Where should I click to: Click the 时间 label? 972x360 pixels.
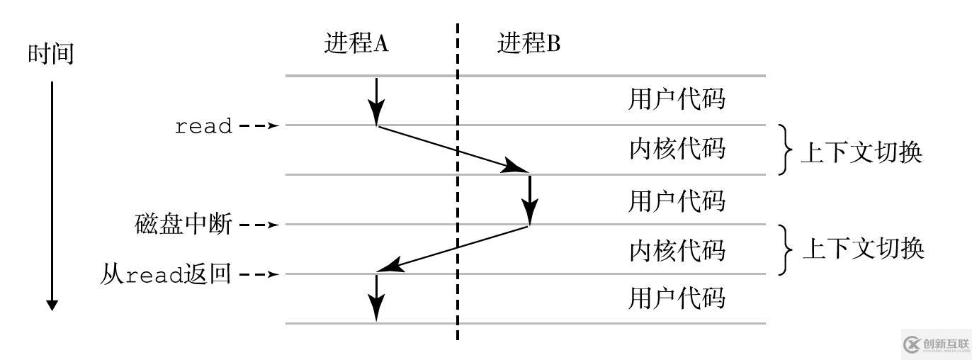pos(50,54)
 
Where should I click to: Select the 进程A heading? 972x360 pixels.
pos(357,44)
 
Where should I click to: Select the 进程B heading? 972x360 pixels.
pos(529,44)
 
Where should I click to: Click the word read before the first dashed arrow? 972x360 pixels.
pos(203,127)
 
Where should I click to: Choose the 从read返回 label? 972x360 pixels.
pos(166,274)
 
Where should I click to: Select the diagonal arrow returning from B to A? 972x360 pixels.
pos(453,248)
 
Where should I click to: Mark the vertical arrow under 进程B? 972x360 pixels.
pos(530,200)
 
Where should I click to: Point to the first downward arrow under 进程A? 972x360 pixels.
pos(376,101)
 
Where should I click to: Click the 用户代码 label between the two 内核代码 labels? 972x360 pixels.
pos(677,201)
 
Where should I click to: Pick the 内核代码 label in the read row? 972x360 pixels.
pos(677,150)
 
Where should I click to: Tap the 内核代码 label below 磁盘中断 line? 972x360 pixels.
pos(677,250)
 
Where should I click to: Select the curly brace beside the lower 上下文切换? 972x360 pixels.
pos(786,249)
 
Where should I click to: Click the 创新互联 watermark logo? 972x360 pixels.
pos(935,344)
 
